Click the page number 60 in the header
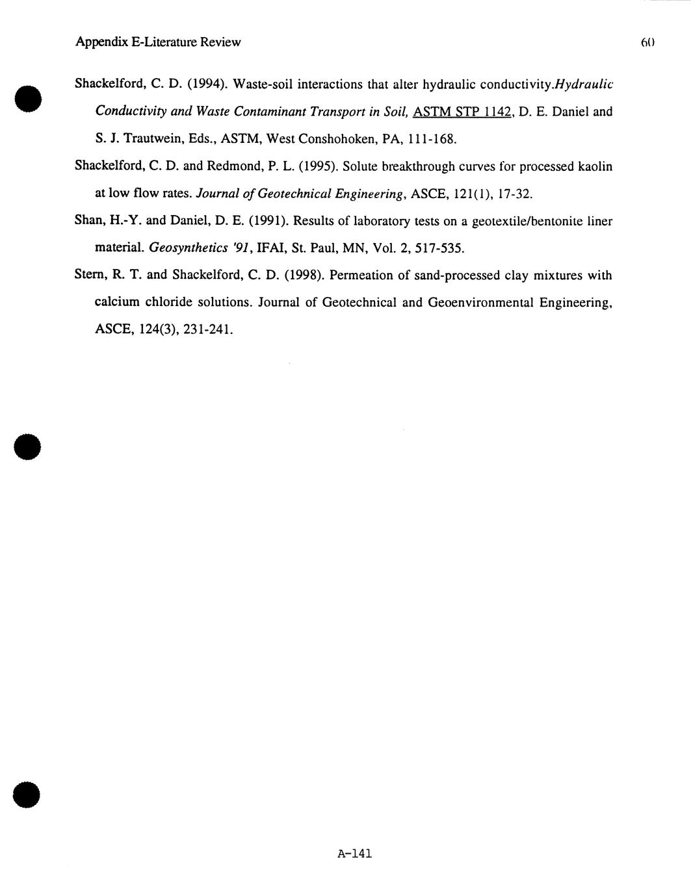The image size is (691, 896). coord(646,43)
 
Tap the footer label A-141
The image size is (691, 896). coord(354,854)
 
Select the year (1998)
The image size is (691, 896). coord(304,275)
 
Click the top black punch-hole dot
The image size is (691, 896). coord(27,99)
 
